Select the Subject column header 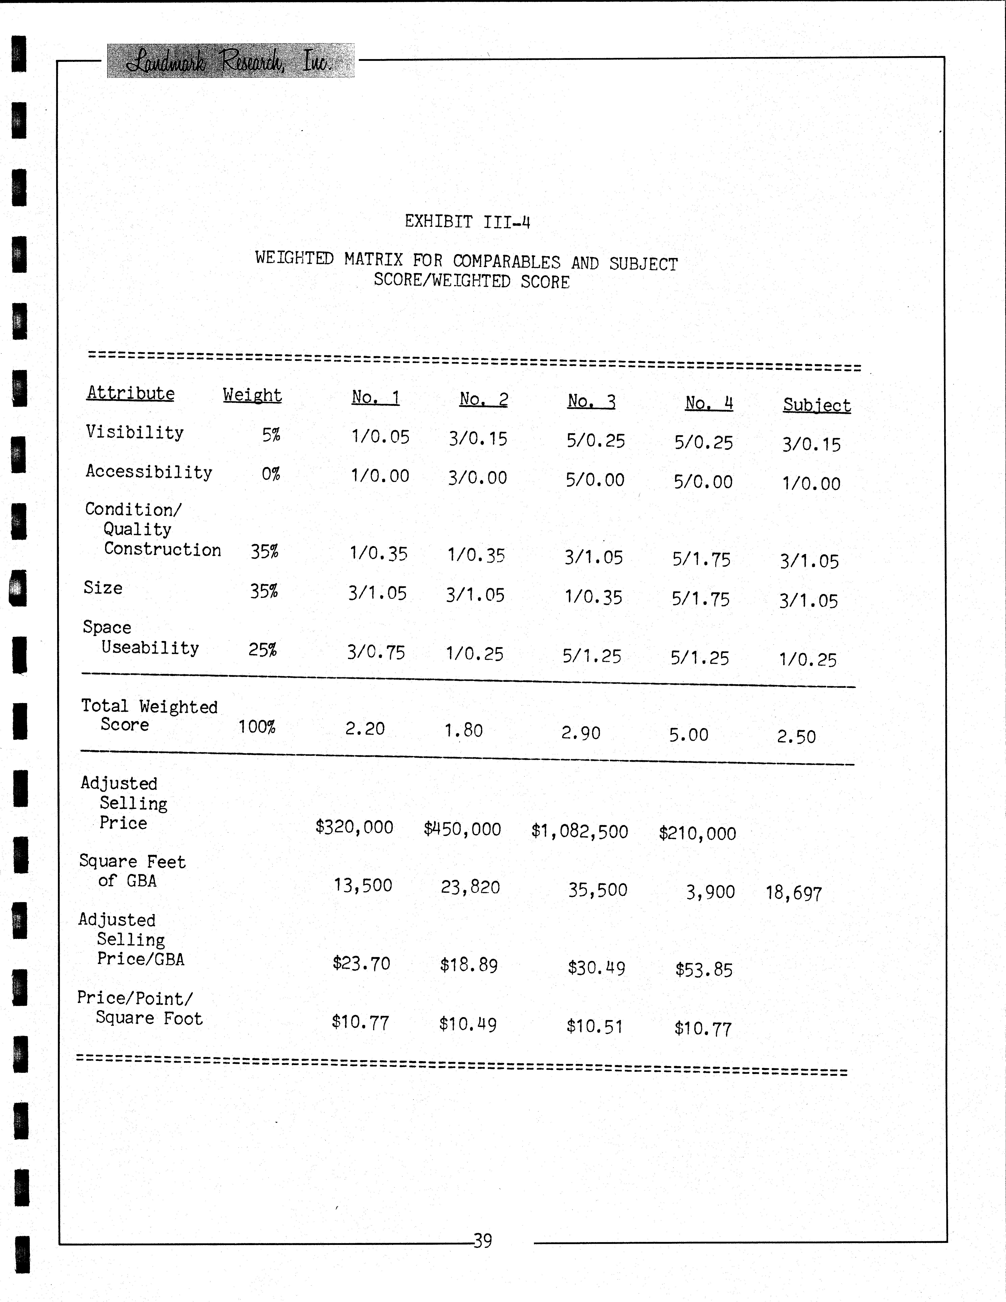816,405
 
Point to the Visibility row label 135,432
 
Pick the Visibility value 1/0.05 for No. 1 380,437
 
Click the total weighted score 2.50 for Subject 796,737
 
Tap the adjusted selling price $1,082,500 579,832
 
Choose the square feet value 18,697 794,893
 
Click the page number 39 482,1241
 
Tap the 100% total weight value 256,727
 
